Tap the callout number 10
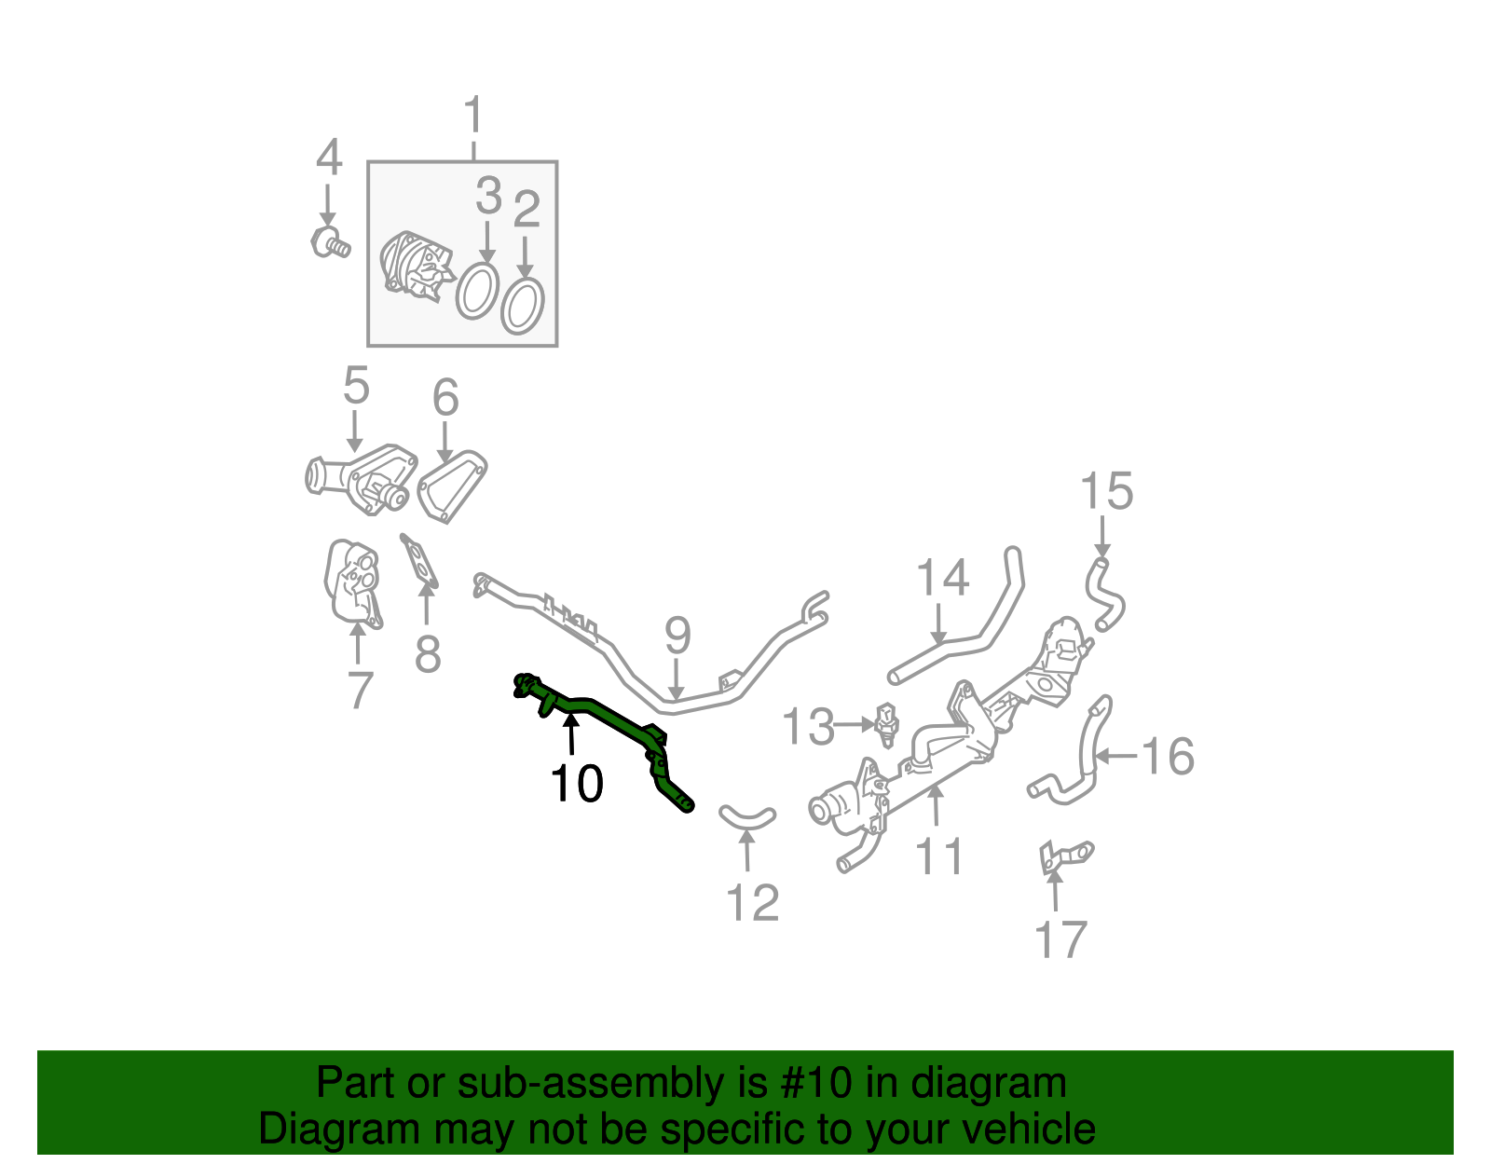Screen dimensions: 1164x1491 576,784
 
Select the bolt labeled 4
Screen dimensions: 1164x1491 329,242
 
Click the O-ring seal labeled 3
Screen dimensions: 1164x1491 477,290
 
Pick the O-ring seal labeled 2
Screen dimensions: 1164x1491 523,305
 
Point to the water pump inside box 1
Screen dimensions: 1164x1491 416,266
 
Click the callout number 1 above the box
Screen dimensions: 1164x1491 473,116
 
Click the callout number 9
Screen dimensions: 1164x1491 677,636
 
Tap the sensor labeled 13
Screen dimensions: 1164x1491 887,724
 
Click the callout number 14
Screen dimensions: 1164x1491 943,579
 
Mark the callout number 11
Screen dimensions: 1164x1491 939,856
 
